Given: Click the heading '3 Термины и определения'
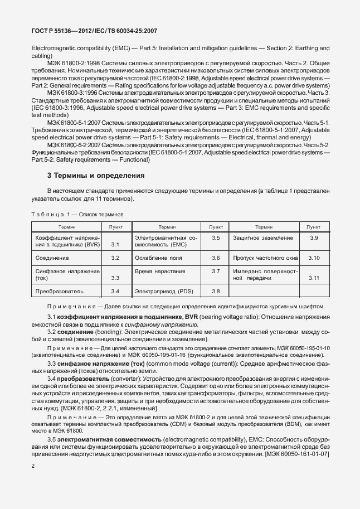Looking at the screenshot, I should [x=96, y=175].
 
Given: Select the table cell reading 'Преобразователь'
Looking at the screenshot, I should [x=59, y=291].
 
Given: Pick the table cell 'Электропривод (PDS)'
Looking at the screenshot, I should [x=161, y=291].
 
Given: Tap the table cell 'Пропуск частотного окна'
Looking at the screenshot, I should [x=265, y=258].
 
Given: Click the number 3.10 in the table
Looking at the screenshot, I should [x=313, y=258].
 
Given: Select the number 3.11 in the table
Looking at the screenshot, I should [x=313, y=278].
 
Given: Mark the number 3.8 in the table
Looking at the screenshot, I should [x=216, y=291].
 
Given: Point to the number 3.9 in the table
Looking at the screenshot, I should [x=313, y=237].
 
